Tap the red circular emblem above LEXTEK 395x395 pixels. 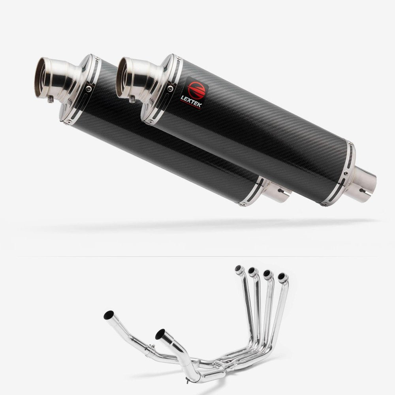coord(196,86)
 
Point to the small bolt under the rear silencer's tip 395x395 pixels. coord(51,100)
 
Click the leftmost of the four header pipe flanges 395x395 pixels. coord(239,269)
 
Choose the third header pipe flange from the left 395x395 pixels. coord(267,274)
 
